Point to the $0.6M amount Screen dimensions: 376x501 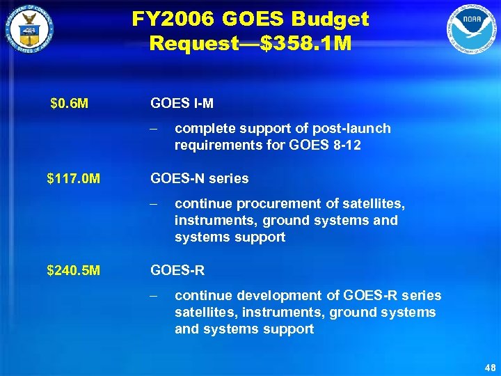70,104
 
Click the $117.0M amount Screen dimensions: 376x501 73,179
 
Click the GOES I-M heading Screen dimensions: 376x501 182,104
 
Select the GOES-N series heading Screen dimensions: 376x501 199,179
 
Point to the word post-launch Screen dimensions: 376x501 354,129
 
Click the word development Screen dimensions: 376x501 273,296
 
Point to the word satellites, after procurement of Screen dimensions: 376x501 370,204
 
